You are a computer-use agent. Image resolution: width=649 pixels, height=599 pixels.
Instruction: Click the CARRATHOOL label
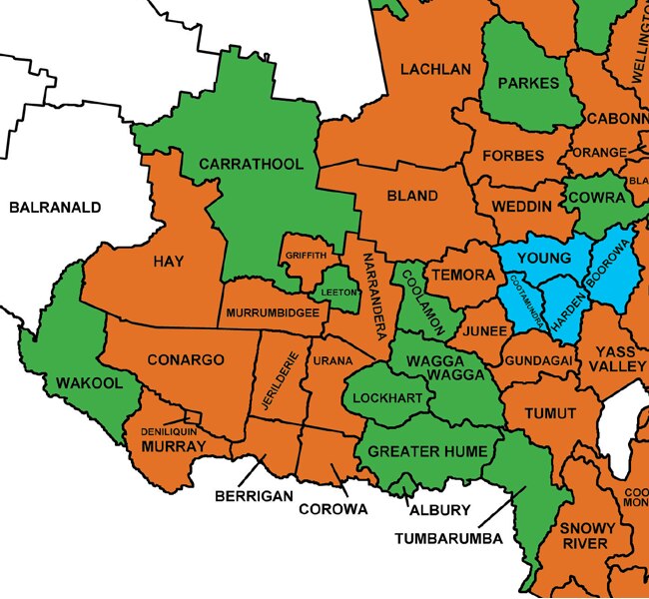tap(257, 163)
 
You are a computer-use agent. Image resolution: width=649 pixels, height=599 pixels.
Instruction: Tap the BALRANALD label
tap(55, 208)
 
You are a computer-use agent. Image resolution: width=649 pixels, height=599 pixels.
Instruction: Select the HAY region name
tap(169, 262)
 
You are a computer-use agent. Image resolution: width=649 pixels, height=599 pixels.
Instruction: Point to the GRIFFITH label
tap(306, 256)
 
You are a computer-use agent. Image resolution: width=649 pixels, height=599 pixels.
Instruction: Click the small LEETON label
tap(339, 292)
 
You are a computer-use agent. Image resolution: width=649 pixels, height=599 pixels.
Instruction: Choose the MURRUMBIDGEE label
tap(273, 312)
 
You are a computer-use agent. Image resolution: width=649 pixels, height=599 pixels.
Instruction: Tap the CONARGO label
tap(186, 359)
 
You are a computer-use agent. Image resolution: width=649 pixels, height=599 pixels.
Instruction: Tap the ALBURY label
tap(439, 509)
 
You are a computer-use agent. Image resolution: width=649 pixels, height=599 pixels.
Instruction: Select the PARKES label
tap(528, 83)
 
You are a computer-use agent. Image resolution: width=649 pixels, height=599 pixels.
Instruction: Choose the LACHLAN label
tap(434, 70)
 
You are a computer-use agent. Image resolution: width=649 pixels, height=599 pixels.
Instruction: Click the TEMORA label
tap(460, 274)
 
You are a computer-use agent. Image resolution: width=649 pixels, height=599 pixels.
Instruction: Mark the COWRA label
tap(596, 198)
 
